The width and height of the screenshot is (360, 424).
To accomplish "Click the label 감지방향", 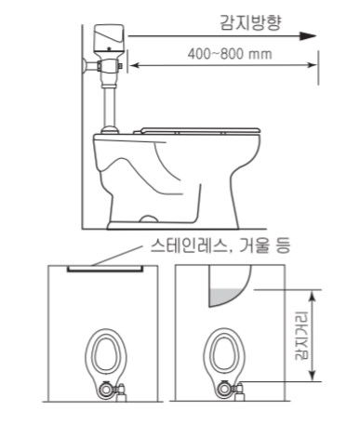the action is pyautogui.click(x=250, y=22).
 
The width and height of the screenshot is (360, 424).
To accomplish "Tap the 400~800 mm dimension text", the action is pyautogui.click(x=230, y=54).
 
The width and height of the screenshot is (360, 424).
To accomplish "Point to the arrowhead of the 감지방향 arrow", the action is pyautogui.click(x=308, y=36).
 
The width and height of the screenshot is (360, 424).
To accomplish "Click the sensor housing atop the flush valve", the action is pyautogui.click(x=109, y=38).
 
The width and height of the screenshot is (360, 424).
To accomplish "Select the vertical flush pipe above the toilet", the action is pyautogui.click(x=109, y=106).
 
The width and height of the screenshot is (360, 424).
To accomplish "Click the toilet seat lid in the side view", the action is pyautogui.click(x=199, y=131).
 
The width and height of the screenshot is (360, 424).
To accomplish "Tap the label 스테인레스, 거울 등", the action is pyautogui.click(x=220, y=245).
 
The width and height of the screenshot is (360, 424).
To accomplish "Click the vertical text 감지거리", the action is pyautogui.click(x=301, y=335).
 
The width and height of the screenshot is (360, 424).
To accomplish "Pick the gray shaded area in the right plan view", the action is pyautogui.click(x=225, y=296).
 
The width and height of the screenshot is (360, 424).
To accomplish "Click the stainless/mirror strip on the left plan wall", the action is pyautogui.click(x=105, y=269).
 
